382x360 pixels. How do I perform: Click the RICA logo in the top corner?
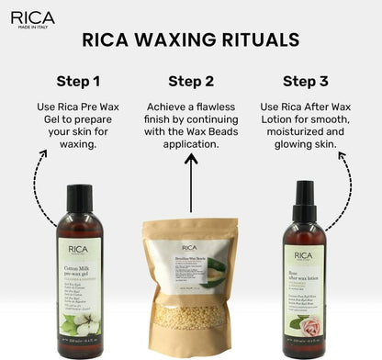(x=32, y=17)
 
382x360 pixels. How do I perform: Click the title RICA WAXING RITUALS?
(x=190, y=40)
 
